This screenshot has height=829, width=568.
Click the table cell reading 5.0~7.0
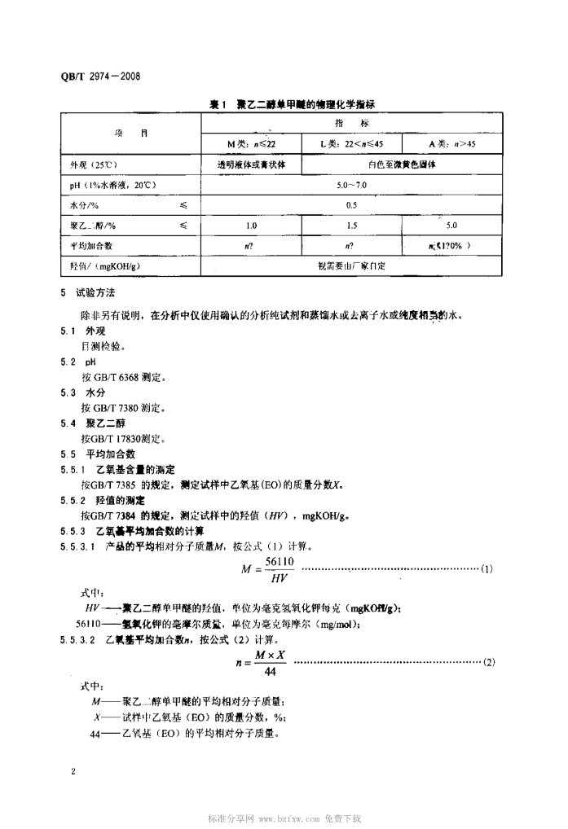[352, 185]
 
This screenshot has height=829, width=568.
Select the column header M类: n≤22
[251, 143]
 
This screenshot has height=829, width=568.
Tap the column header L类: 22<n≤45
[352, 143]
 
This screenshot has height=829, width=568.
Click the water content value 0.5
[352, 204]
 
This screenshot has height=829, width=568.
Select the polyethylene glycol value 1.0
[251, 225]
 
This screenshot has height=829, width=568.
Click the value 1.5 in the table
[352, 225]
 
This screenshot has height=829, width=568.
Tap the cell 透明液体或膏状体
[251, 164]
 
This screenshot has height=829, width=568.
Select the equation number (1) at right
[487, 568]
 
